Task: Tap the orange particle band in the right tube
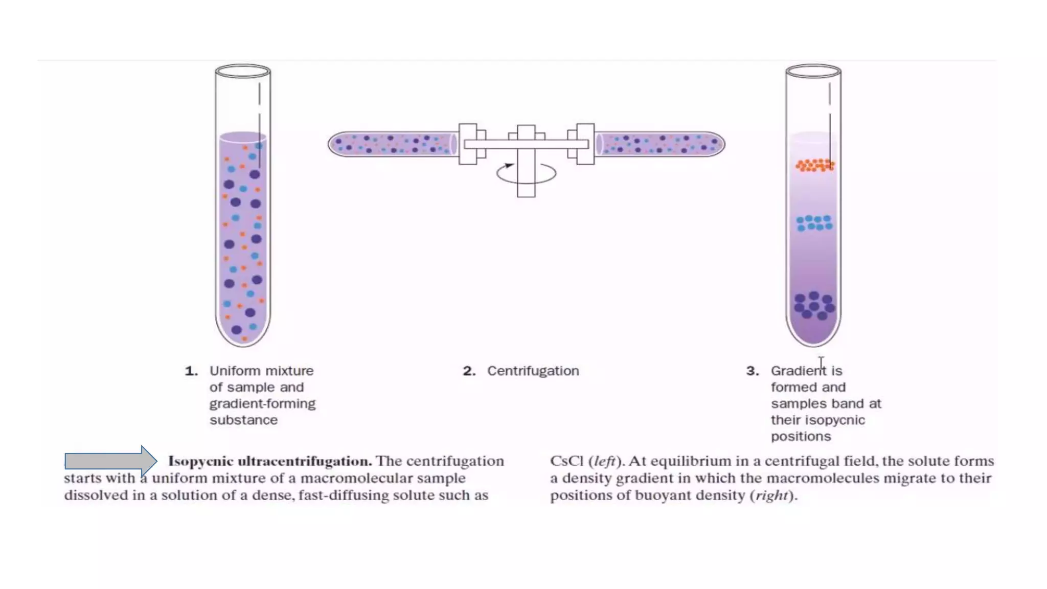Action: point(814,165)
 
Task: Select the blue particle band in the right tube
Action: point(814,223)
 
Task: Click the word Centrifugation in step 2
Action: point(533,371)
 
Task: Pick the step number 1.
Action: point(191,371)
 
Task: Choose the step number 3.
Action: point(752,371)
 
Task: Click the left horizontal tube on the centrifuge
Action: point(393,144)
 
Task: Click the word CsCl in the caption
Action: point(566,461)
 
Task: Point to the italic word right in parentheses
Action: point(770,495)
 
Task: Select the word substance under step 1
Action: point(243,420)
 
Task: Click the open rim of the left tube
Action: point(243,71)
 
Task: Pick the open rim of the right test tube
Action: point(813,71)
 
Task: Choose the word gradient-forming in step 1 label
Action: point(262,404)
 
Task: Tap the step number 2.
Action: point(469,371)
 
